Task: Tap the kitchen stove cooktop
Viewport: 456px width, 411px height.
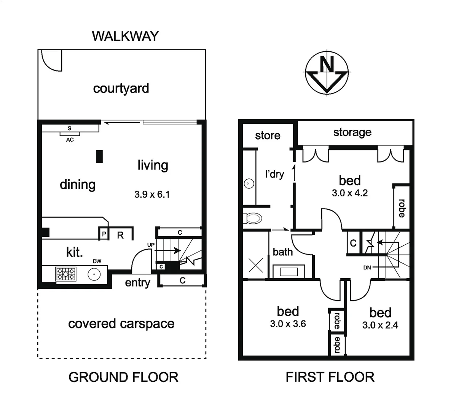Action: coord(66,274)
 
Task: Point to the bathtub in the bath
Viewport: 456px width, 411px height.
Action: coord(289,272)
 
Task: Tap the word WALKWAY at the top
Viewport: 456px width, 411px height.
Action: coord(125,36)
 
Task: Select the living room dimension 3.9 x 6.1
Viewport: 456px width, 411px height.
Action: coord(152,194)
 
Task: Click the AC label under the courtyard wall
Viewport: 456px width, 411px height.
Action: coord(70,140)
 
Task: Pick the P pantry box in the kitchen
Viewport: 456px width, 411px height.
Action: coord(104,234)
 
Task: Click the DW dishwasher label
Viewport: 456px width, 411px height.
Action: coord(97,261)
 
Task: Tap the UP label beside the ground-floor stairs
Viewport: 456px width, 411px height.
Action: coord(151,245)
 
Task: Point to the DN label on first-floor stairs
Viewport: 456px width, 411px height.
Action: coord(367,268)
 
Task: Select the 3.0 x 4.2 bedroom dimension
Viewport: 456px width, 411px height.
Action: coord(350,193)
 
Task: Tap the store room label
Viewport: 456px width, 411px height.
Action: coord(268,135)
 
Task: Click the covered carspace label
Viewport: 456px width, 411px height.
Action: coord(121,324)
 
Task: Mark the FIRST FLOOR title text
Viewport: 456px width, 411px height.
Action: coord(330,377)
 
